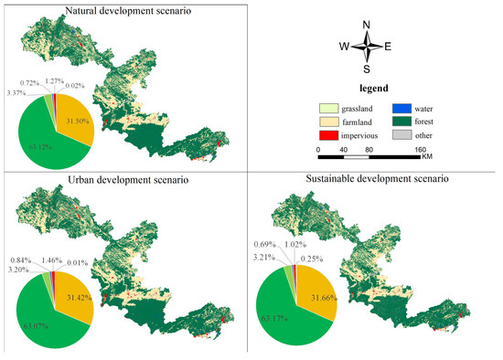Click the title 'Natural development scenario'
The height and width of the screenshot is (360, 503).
(x=120, y=10)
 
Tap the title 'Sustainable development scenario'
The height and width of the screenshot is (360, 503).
(x=377, y=179)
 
